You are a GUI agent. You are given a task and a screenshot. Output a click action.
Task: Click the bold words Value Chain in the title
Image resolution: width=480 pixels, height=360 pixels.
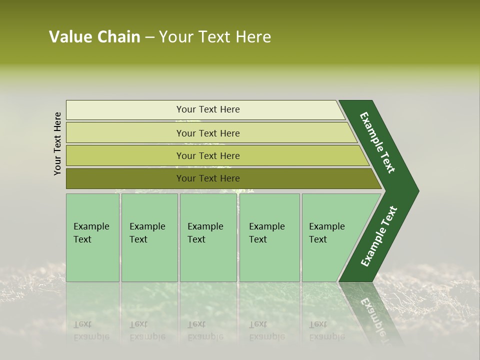(94, 37)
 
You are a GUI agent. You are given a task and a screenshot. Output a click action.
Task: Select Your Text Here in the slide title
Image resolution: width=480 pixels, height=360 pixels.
(215, 37)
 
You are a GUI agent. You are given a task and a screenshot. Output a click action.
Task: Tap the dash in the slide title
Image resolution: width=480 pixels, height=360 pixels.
(149, 37)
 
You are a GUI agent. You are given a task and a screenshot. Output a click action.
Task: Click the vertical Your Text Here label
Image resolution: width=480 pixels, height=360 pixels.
(57, 143)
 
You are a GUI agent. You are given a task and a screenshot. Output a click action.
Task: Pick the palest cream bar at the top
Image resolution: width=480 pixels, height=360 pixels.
(125, 110)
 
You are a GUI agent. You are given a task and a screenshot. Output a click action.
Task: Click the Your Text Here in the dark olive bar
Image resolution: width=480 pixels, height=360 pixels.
(208, 178)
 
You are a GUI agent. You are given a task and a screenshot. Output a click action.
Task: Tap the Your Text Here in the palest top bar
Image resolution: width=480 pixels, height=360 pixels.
(208, 109)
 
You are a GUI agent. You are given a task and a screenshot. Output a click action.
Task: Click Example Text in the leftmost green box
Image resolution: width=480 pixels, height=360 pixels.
(91, 232)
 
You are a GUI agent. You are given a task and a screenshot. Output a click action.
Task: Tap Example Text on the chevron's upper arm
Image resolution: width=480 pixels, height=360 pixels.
(377, 142)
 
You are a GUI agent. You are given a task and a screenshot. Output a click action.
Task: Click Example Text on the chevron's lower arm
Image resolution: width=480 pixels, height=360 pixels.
(378, 236)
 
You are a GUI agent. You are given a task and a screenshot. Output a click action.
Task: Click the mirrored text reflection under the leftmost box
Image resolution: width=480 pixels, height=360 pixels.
(91, 330)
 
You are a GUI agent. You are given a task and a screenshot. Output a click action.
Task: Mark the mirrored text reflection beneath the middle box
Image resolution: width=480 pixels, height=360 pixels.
(205, 330)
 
